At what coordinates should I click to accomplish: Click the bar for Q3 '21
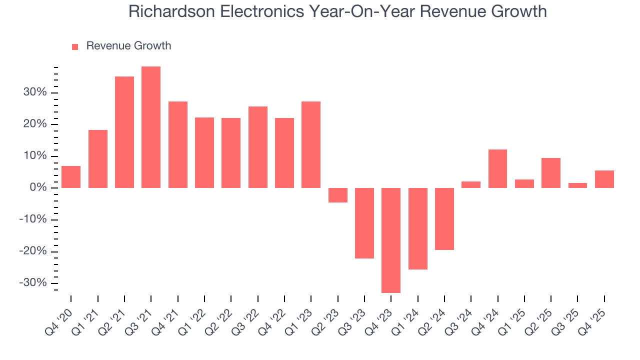coord(151,127)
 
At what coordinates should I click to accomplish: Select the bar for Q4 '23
coord(391,240)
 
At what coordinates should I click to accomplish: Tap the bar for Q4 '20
coord(71,177)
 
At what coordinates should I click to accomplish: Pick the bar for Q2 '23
coord(337,195)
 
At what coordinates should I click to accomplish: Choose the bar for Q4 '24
coord(497,168)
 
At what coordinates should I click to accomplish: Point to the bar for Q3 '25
coord(577,185)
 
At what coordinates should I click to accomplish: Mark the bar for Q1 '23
coord(311,144)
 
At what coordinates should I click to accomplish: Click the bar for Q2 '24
coord(444,218)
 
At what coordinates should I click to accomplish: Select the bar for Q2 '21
coord(124,132)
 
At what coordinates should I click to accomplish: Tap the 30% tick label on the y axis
coord(34,92)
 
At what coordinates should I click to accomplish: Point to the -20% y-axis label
coord(32,251)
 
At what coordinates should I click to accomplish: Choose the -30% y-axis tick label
coord(32,283)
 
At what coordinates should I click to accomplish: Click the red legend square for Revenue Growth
coord(75,46)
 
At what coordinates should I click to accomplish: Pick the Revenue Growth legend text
coord(128,46)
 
